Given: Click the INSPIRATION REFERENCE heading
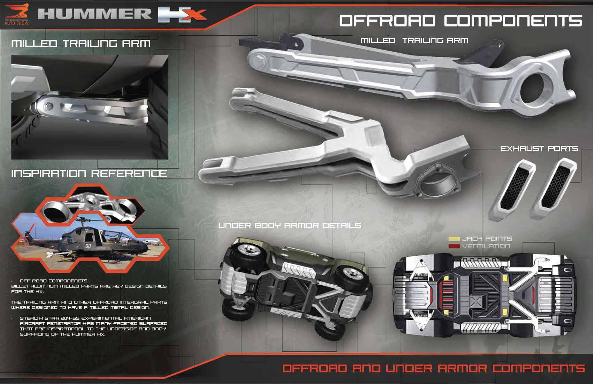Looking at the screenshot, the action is click(x=89, y=173).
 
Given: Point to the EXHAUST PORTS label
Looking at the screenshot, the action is click(x=539, y=149).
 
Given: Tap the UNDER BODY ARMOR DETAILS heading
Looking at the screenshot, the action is click(x=289, y=226).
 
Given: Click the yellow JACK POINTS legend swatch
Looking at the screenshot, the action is click(x=454, y=239).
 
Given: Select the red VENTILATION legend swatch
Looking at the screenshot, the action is click(x=454, y=246).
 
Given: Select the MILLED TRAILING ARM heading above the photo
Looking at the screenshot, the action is click(x=81, y=44).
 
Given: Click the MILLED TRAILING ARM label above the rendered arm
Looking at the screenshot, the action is click(x=414, y=41).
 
